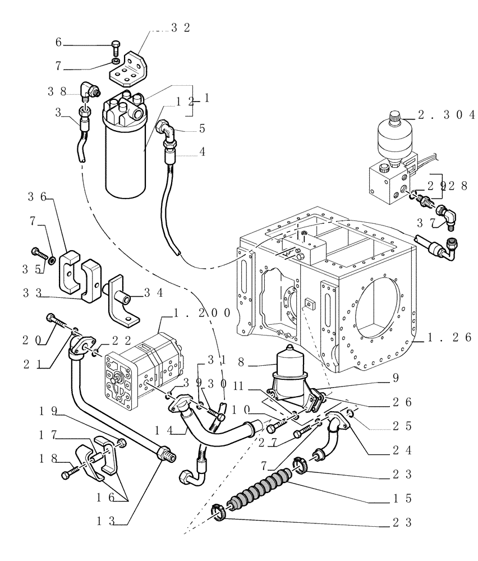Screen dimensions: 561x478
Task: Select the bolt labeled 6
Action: click(x=115, y=47)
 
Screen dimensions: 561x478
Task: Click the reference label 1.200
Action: click(x=196, y=312)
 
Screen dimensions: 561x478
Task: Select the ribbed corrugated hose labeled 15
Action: click(x=261, y=485)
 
